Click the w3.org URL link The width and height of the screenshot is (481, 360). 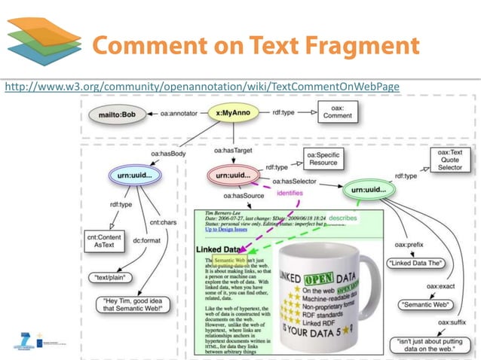pyautogui.click(x=202, y=88)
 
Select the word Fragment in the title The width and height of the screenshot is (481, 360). pyautogui.click(x=360, y=44)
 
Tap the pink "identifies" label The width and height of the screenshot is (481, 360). pyautogui.click(x=290, y=193)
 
